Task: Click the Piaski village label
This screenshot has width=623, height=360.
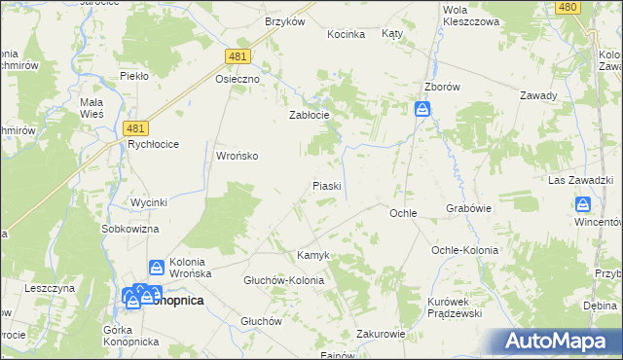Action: coord(326,185)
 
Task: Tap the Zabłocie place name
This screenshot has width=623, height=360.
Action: coord(311,115)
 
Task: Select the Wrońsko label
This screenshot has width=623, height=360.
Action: coord(237,156)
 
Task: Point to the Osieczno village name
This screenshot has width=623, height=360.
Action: coord(238,80)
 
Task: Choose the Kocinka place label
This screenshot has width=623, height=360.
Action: coord(346,34)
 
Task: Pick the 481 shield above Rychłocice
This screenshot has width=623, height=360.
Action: coord(137,128)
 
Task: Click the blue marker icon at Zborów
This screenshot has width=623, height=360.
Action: coord(422,110)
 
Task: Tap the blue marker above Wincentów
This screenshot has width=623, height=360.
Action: coord(582,204)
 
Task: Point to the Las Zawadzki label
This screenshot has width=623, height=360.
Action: coord(578,182)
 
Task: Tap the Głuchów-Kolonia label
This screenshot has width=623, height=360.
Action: coord(283,280)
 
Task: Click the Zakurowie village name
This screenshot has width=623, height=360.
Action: coord(381,333)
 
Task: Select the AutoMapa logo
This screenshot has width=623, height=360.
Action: coord(556,342)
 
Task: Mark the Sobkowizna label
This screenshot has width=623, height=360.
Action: coord(130,229)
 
